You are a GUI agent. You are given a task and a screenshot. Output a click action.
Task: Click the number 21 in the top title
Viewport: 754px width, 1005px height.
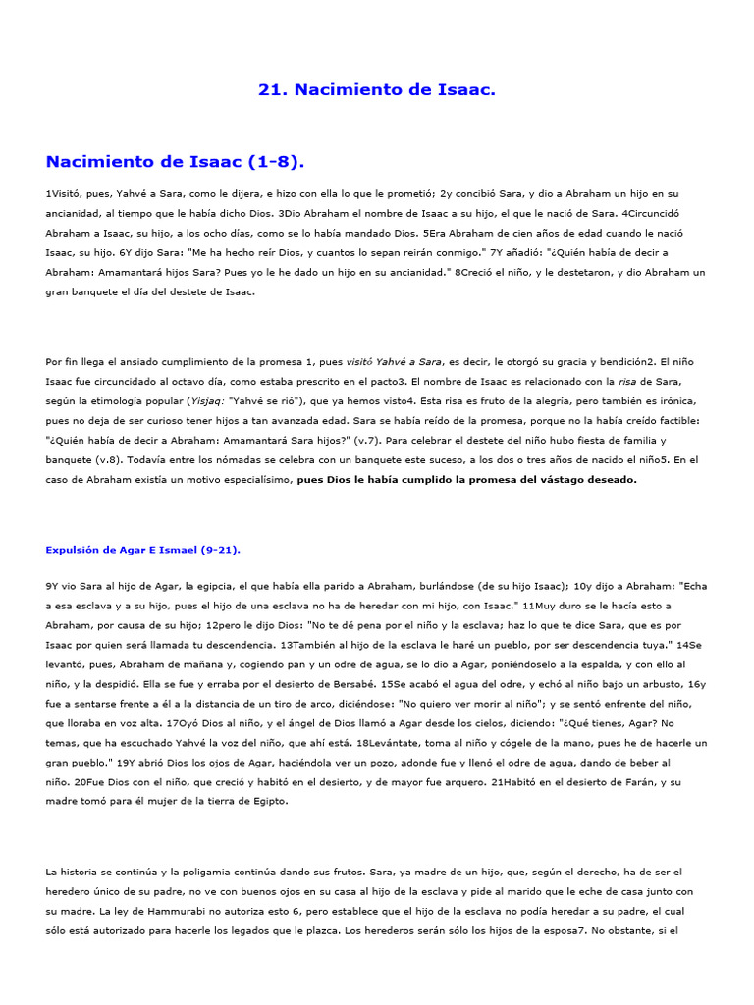point(269,90)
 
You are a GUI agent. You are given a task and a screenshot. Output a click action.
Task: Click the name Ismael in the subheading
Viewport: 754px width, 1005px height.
point(175,550)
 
